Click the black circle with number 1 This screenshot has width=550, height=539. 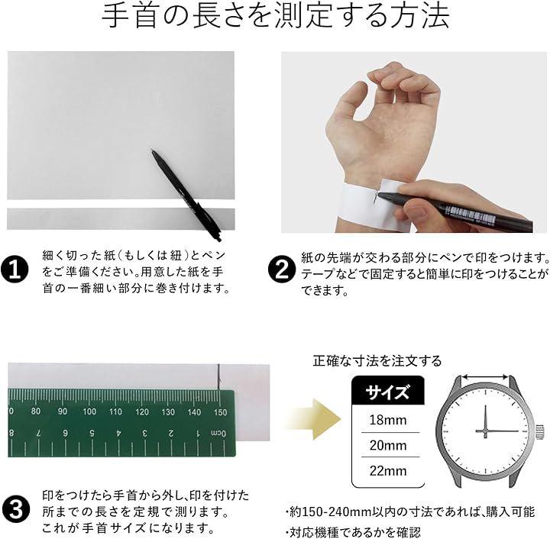[15, 270]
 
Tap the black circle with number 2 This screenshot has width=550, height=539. [282, 270]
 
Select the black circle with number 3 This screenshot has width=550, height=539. [15, 510]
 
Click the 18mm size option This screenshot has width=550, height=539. [388, 420]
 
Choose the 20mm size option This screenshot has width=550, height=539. [388, 445]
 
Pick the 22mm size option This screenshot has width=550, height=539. [388, 470]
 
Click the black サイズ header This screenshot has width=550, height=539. [388, 391]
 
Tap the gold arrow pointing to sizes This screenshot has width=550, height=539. [313, 419]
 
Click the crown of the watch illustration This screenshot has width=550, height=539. [540, 431]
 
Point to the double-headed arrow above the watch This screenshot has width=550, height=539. [485, 377]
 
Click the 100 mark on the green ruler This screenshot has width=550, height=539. [89, 412]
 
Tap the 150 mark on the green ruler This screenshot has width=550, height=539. [220, 412]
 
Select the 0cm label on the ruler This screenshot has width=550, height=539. [218, 434]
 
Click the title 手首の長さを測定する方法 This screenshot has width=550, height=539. [275, 17]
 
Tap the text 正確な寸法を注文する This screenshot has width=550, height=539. [377, 360]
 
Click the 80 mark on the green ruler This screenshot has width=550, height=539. [36, 411]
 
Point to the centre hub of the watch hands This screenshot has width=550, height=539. [485, 431]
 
